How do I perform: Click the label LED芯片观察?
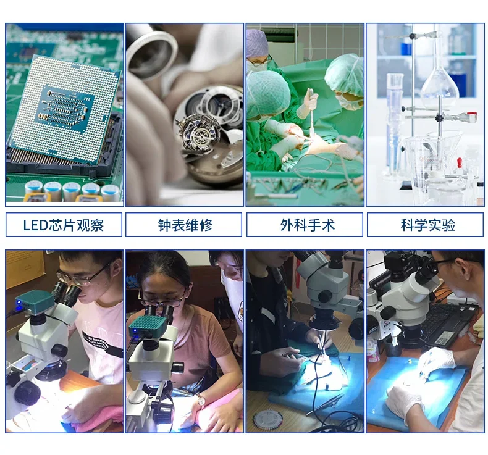[x=64, y=225]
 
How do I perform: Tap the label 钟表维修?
[x=185, y=225]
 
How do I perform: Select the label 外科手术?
[x=306, y=225]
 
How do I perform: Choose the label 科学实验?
[x=426, y=225]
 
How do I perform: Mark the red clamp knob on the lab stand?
[x=472, y=115]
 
